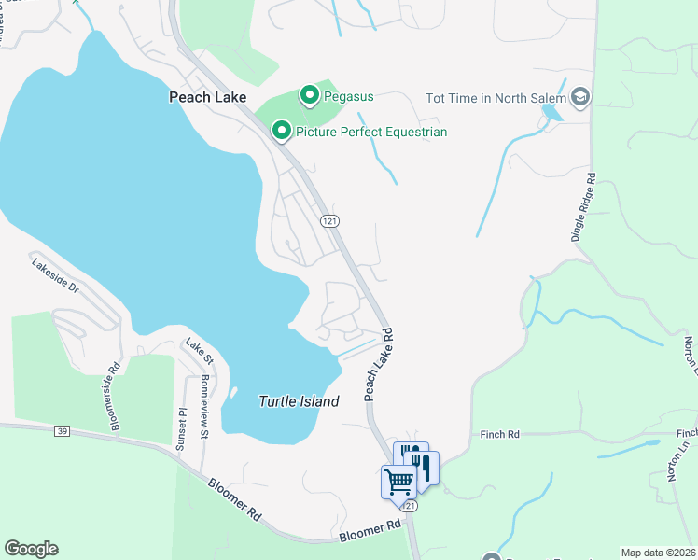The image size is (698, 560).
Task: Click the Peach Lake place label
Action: coord(206,96)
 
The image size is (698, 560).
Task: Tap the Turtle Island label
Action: coord(299,400)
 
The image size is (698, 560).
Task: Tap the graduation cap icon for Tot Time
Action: coord(580,97)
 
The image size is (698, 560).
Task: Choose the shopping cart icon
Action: coord(398,482)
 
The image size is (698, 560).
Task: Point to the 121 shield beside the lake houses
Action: coord(328,220)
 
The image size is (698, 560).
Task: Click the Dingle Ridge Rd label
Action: coord(585,206)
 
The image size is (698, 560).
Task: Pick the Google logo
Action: coord(31,549)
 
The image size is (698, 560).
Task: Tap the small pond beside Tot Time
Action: coord(551,113)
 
